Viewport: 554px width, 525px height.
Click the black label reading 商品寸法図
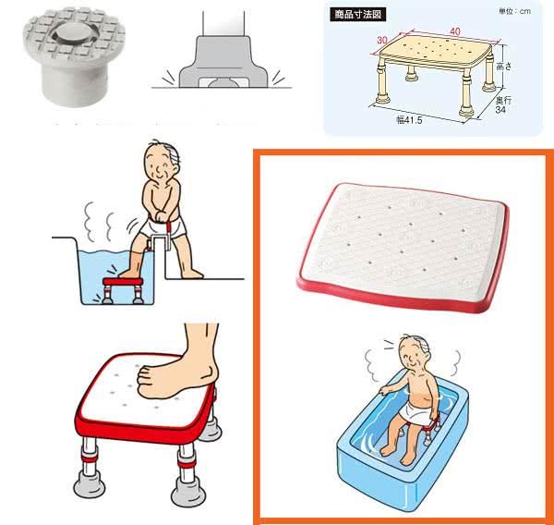[x=357, y=15]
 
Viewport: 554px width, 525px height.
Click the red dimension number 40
[x=455, y=31]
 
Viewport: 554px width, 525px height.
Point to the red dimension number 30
[x=382, y=40]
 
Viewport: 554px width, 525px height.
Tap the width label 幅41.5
[x=409, y=120]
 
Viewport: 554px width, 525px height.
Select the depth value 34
[x=500, y=110]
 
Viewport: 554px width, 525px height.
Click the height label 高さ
[x=504, y=66]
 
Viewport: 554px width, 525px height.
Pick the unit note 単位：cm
[x=514, y=11]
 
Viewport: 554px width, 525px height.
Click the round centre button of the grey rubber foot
[x=74, y=31]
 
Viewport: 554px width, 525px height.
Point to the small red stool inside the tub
[x=123, y=290]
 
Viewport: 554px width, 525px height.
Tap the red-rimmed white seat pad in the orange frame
[x=403, y=247]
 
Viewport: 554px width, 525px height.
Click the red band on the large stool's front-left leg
[x=90, y=458]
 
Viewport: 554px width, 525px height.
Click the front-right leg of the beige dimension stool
[x=466, y=92]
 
